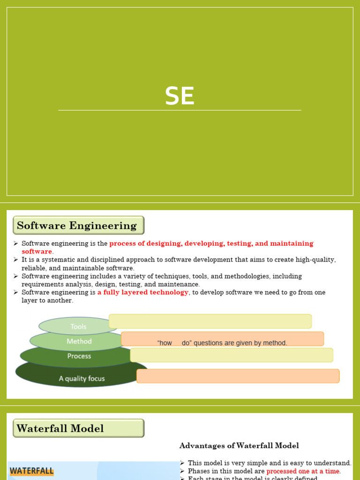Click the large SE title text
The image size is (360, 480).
(x=180, y=96)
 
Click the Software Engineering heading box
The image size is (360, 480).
(x=78, y=225)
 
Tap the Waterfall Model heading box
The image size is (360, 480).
(x=78, y=428)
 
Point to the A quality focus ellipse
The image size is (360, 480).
(x=82, y=378)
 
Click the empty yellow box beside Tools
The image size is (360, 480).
(x=210, y=321)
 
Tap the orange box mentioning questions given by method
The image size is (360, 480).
(x=222, y=339)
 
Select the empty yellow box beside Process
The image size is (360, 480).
(x=232, y=355)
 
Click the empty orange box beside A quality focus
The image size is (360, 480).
(x=238, y=376)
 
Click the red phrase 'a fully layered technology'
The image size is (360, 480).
(x=143, y=292)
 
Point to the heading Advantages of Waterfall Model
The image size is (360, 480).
(x=239, y=446)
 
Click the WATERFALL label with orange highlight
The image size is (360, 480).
(x=31, y=471)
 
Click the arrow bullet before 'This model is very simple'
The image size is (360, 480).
(x=182, y=463)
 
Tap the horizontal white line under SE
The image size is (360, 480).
(x=180, y=110)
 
